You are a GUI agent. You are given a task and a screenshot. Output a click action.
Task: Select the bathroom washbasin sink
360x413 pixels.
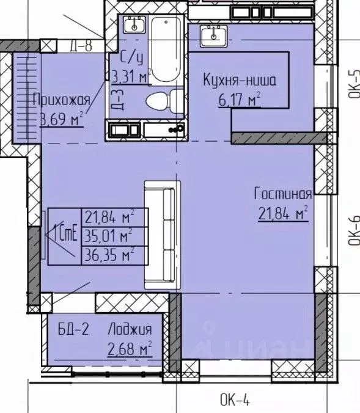(133, 26)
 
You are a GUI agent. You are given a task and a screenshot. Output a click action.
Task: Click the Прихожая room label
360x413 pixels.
(62, 100)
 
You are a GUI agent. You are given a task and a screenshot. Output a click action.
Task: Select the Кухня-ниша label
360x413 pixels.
(240, 79)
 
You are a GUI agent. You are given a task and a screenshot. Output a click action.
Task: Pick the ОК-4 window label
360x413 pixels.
(235, 401)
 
